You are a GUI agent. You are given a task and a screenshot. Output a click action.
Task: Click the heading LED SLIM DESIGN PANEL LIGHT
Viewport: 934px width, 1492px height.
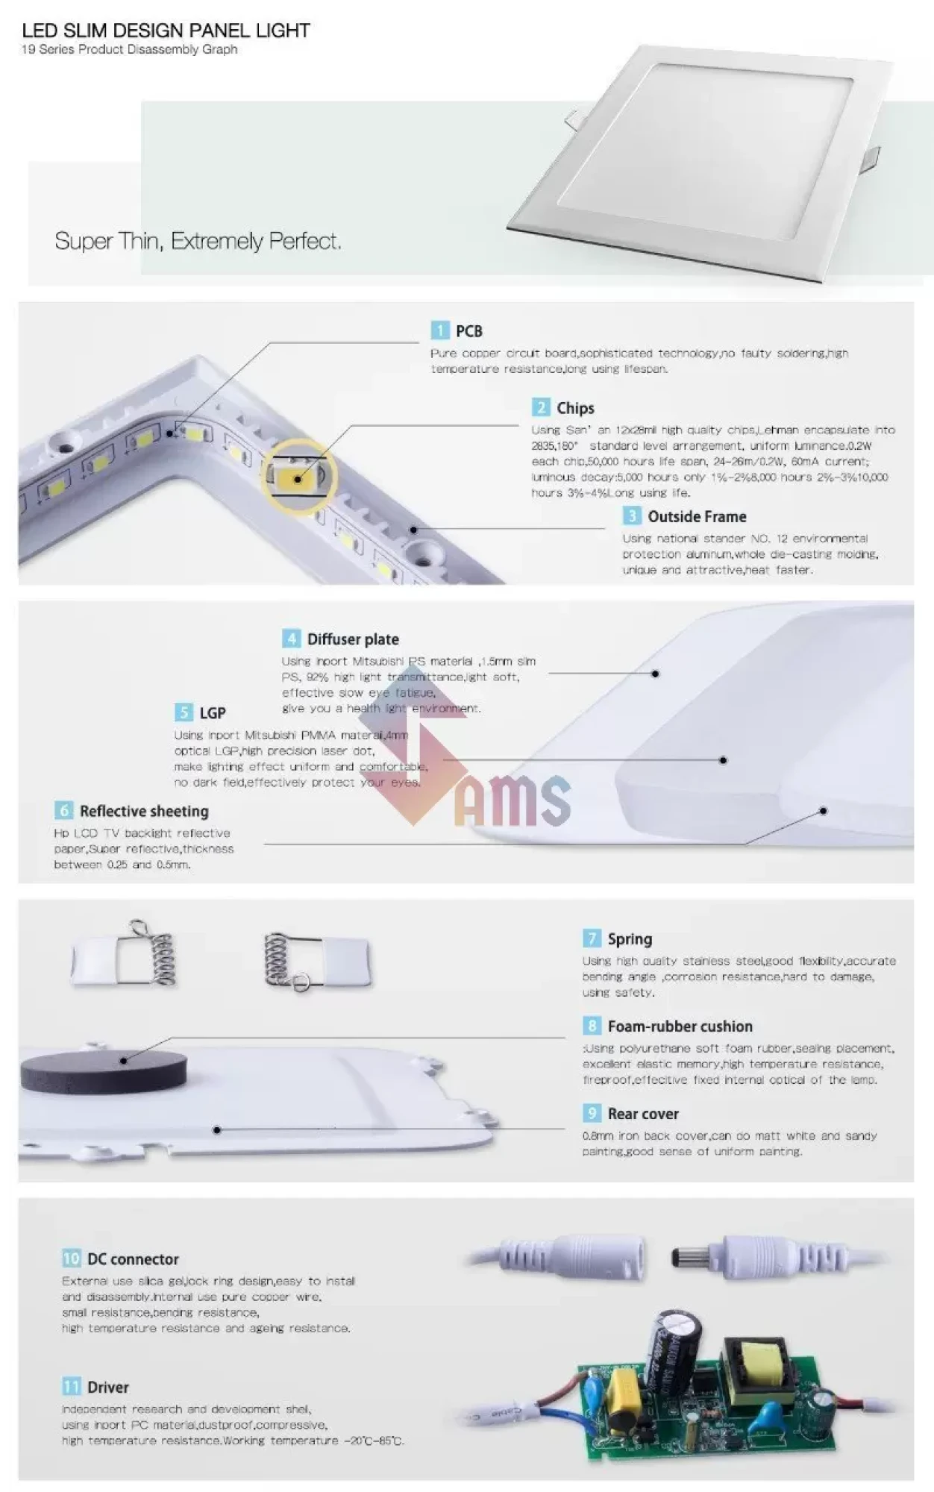(166, 31)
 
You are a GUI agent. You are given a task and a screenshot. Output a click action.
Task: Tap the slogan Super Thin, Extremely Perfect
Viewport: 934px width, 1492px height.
(198, 241)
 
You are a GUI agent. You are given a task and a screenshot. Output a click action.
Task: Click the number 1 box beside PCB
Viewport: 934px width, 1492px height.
(439, 330)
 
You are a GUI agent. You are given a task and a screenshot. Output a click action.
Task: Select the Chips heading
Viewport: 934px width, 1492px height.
(574, 408)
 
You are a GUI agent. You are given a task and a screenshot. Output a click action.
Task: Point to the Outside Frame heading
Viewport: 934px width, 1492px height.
(696, 516)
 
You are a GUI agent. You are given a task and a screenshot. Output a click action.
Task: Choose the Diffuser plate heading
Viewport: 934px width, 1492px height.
(352, 639)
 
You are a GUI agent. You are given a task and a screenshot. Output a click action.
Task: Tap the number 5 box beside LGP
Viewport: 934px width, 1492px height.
(183, 712)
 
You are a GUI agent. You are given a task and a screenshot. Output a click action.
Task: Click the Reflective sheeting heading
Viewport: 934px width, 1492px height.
(144, 811)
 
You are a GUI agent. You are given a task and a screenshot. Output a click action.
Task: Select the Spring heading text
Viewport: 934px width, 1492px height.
(629, 939)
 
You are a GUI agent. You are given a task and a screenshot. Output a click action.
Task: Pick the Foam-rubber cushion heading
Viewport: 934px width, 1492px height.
(680, 1026)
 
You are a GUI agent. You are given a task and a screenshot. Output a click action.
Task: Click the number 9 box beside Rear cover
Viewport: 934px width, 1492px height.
(592, 1114)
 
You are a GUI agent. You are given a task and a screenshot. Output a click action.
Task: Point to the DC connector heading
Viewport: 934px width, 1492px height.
(133, 1259)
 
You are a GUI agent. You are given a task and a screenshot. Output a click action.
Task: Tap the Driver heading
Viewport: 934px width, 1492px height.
(107, 1388)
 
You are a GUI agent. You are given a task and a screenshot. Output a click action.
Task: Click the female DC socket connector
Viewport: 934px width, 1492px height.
(597, 1256)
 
